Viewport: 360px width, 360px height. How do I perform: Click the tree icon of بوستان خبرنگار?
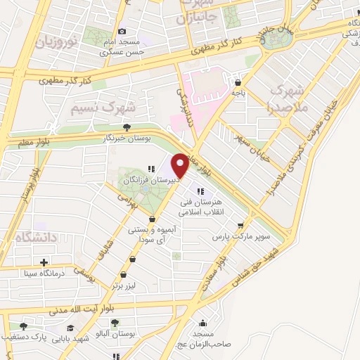(x=127, y=127)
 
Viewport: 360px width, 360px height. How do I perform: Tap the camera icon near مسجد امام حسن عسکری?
(x=122, y=31)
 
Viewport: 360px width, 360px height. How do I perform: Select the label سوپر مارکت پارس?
(x=243, y=237)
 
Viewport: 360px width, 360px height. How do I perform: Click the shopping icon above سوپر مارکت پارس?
(x=242, y=226)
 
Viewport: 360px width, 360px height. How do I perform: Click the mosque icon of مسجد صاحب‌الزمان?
(x=202, y=323)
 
